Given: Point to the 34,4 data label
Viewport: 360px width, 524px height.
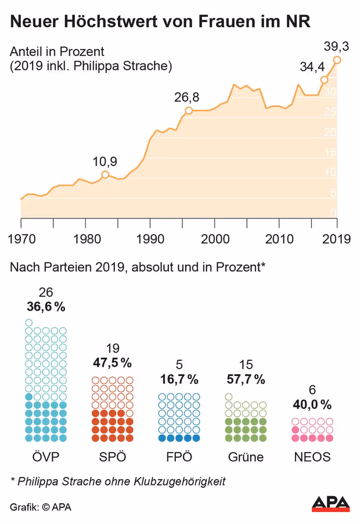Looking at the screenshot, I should [x=312, y=67].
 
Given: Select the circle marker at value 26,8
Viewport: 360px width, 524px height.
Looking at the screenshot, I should [x=189, y=110].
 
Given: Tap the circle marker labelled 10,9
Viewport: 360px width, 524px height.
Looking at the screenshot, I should [x=105, y=174].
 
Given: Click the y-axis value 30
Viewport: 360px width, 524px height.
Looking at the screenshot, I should [x=332, y=92].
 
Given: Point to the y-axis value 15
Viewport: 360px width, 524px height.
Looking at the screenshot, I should [x=332, y=153].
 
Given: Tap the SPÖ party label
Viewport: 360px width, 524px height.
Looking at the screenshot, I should [x=112, y=457].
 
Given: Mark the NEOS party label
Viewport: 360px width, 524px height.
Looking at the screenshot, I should [x=312, y=457].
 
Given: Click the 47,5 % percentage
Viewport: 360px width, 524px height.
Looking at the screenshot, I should [x=112, y=363].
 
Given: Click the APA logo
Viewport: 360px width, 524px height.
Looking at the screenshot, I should [x=331, y=503].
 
